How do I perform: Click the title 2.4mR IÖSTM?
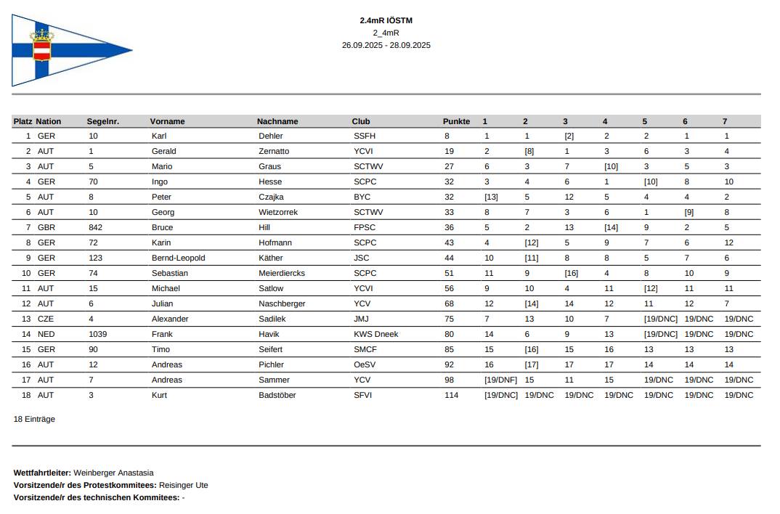point(386,20)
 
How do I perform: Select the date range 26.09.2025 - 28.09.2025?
point(386,45)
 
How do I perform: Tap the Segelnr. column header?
point(102,121)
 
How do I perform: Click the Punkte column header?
point(456,121)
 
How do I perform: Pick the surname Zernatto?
point(273,151)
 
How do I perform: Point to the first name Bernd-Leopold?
point(178,258)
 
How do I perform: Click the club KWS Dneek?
point(375,334)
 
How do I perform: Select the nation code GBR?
point(46,227)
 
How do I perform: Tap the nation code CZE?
point(46,319)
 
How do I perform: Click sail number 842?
point(95,227)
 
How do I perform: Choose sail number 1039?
point(97,334)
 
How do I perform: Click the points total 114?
point(451,395)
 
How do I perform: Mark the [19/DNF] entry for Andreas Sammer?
point(500,380)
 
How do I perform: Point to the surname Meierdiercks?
point(282,273)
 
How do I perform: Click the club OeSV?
point(365,364)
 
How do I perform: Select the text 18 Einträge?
point(34,419)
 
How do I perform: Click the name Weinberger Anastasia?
point(113,473)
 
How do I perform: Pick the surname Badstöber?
point(277,395)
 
